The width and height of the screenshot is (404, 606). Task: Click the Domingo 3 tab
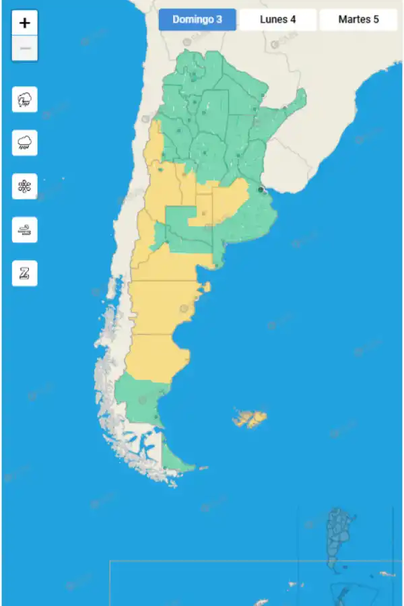point(197,20)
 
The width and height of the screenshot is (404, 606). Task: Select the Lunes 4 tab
point(277,20)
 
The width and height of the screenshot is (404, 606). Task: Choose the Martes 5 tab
point(358,20)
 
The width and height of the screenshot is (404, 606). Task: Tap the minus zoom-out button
point(25,48)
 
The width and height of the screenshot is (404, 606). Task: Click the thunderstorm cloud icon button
point(25,100)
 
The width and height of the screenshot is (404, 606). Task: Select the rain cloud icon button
point(25,143)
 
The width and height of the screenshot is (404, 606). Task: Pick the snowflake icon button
point(25,186)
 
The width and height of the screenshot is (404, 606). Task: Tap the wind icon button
point(25,230)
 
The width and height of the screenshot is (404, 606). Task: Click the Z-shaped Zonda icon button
point(25,273)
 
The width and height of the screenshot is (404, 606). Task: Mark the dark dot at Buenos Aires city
point(261,190)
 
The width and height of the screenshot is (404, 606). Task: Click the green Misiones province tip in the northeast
point(297,101)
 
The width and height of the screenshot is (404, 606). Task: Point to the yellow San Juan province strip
point(154,145)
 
